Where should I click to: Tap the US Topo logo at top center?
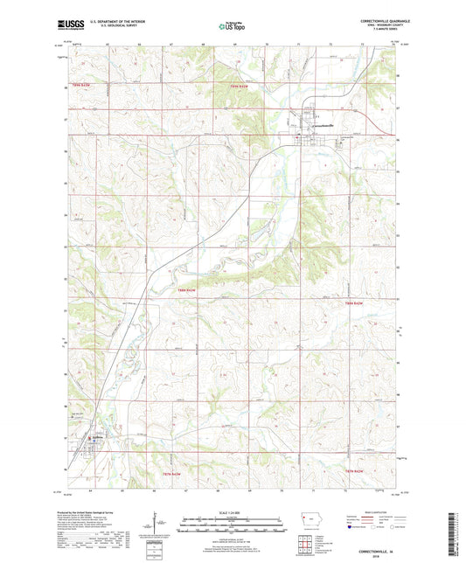click(230, 26)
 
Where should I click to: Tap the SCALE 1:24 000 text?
click(232, 511)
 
